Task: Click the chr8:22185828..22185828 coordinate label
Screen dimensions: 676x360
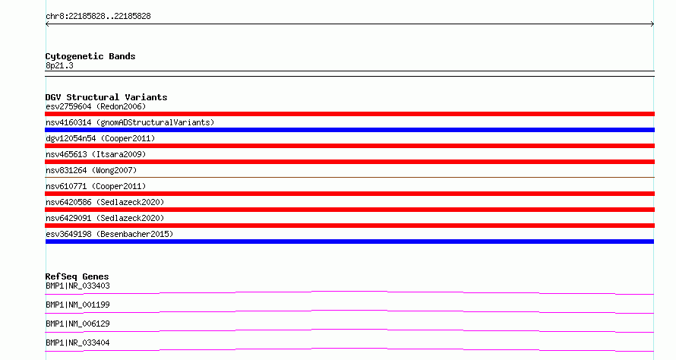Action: (x=98, y=17)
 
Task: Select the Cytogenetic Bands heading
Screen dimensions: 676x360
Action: (x=90, y=56)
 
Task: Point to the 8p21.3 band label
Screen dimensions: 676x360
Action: (x=59, y=65)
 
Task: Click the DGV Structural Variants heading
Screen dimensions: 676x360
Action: (x=106, y=97)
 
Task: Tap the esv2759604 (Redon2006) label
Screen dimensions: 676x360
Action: (x=96, y=106)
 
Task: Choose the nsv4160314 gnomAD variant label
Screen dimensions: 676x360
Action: (x=130, y=122)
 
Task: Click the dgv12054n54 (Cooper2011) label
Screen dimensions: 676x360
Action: (x=100, y=138)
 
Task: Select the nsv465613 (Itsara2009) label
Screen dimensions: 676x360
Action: (x=96, y=154)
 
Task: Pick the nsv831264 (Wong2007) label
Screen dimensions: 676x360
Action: (x=91, y=170)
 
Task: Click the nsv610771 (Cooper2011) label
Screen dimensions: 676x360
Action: (x=96, y=186)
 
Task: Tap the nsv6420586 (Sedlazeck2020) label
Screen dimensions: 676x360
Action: (x=105, y=202)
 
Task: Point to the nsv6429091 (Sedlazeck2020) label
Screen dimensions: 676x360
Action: (x=105, y=218)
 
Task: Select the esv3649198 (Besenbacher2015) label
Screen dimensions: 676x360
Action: (x=109, y=234)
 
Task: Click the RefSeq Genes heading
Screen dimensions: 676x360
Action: (x=77, y=276)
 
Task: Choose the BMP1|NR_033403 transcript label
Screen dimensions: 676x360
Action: (x=77, y=286)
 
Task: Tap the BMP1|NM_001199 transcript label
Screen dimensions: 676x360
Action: (x=77, y=305)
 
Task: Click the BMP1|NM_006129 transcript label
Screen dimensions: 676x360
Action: (x=77, y=324)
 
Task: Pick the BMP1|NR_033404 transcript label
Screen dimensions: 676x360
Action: (x=77, y=343)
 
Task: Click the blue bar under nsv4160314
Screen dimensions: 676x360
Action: (x=349, y=130)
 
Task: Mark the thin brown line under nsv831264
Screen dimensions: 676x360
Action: (x=349, y=177)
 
